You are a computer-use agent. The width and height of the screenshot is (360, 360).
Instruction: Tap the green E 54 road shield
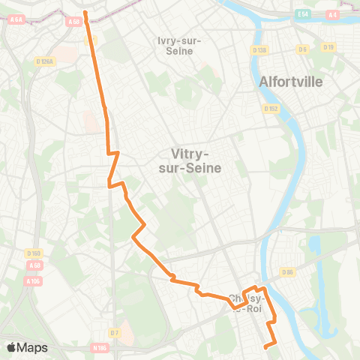pyautogui.click(x=302, y=14)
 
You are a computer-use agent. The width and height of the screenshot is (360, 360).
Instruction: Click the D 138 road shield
pyautogui.click(x=259, y=50)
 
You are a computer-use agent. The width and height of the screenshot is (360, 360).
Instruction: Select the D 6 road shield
pyautogui.click(x=303, y=49)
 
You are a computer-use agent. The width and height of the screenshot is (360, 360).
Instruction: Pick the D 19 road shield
pyautogui.click(x=328, y=46)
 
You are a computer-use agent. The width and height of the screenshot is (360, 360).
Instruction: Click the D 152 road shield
pyautogui.click(x=271, y=109)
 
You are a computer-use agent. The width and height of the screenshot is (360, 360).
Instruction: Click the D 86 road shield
pyautogui.click(x=287, y=271)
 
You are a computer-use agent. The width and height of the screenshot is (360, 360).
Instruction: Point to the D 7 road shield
pyautogui.click(x=114, y=332)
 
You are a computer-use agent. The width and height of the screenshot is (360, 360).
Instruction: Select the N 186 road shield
pyautogui.click(x=100, y=348)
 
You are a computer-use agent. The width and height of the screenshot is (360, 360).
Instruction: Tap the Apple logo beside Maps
pyautogui.click(x=11, y=347)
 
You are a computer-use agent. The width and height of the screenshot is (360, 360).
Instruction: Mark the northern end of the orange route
pyautogui.click(x=85, y=12)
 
